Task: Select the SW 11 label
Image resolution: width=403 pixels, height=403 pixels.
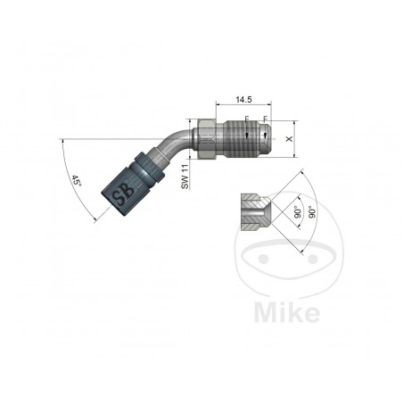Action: click(185, 174)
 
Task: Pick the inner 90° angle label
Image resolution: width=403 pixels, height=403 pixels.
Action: click(295, 214)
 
